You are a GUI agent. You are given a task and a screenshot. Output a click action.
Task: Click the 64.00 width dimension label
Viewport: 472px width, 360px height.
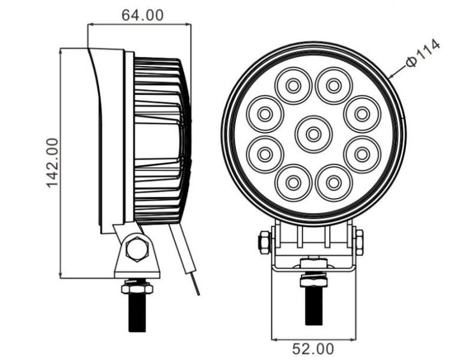pos(142,15)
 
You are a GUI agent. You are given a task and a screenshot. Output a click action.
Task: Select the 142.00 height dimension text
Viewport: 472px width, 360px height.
pos(52,163)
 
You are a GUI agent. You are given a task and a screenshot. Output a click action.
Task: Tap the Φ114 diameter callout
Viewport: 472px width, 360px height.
pos(423,53)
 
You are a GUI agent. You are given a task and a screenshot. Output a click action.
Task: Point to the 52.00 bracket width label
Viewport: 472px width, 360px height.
pos(313,349)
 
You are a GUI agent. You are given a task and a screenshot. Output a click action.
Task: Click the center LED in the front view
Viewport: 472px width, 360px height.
pos(313,134)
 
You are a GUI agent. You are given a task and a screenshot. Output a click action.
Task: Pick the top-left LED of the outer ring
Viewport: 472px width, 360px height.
pos(293,86)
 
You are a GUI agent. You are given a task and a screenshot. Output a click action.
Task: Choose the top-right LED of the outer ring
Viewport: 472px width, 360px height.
pos(334,86)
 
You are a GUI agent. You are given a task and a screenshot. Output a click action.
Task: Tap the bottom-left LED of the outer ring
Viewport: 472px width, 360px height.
pos(293,182)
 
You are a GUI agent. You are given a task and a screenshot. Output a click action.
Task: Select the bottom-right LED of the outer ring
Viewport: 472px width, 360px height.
pos(334,182)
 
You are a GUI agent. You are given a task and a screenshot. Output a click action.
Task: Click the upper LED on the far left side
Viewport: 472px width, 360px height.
pos(265,114)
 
